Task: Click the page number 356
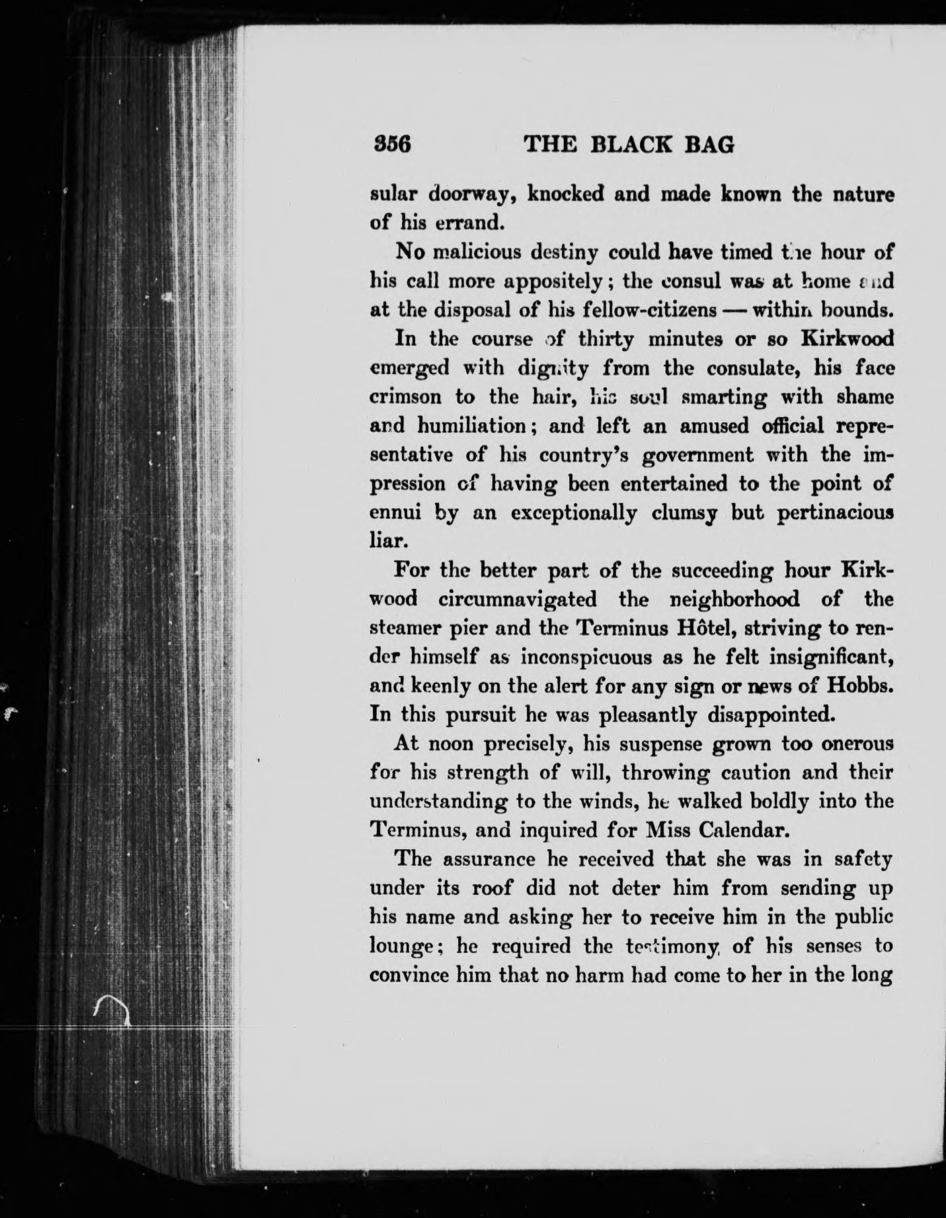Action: point(392,144)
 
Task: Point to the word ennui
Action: point(393,514)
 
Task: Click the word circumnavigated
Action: point(518,599)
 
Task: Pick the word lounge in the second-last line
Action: point(400,947)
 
